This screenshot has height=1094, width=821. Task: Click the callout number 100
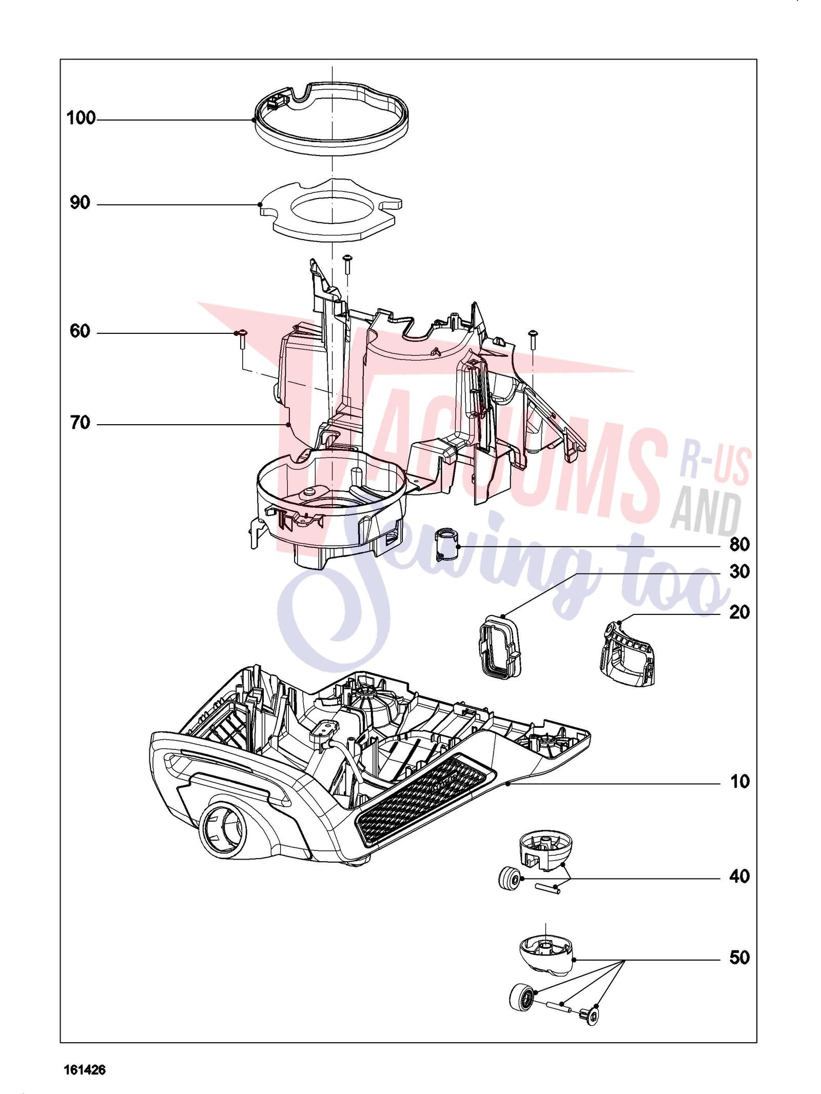(81, 118)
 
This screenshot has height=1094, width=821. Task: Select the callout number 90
(80, 203)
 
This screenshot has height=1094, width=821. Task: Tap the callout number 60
(80, 332)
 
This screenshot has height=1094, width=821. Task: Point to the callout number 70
(80, 424)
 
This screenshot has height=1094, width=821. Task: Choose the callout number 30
(739, 571)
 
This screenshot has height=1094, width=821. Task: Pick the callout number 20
(739, 612)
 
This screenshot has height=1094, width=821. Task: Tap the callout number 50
(739, 958)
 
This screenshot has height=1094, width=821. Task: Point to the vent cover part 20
(628, 652)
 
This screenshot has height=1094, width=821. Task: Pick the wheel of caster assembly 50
(522, 998)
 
